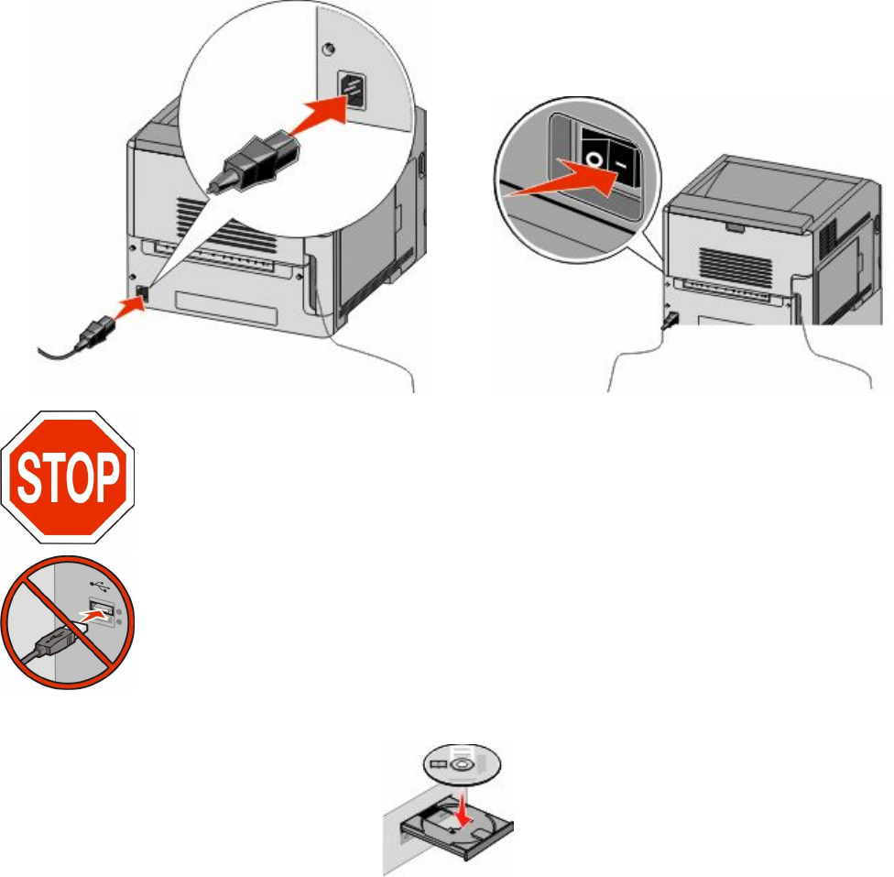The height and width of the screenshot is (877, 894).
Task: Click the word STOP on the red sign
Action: (x=69, y=477)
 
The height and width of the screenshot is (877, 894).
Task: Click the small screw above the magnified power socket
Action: (x=328, y=48)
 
